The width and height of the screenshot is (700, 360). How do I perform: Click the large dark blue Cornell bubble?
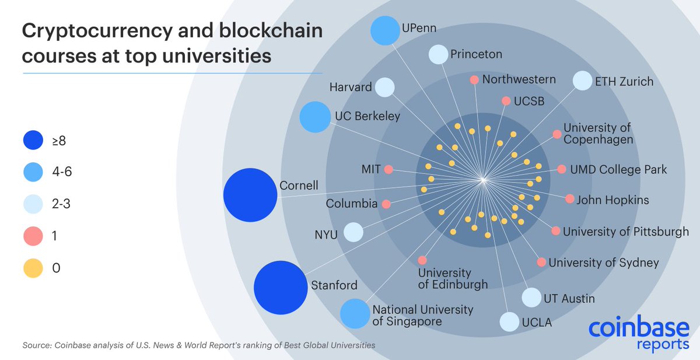coord(250,195)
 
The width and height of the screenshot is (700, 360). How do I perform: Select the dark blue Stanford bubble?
coord(281,286)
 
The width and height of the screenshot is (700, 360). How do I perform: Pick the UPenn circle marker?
coord(384,30)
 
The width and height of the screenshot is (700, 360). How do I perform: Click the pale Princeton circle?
coord(438,54)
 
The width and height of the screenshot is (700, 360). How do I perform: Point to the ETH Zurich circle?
coord(582,81)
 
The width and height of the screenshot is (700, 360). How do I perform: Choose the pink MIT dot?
coord(388,170)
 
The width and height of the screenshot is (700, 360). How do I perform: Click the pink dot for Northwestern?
coord(474,79)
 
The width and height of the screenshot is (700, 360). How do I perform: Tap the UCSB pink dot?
coord(506,101)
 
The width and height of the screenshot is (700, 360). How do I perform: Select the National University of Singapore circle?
coord(353,313)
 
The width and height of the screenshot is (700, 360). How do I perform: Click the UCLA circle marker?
coord(509,321)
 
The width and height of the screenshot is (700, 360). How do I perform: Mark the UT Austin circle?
coord(531,298)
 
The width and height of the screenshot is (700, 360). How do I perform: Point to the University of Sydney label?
coord(604,263)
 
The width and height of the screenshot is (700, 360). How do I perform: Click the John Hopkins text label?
coord(612,200)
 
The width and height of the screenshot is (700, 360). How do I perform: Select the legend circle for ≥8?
coord(34,140)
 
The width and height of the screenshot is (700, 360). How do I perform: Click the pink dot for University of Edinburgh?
coord(422,260)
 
